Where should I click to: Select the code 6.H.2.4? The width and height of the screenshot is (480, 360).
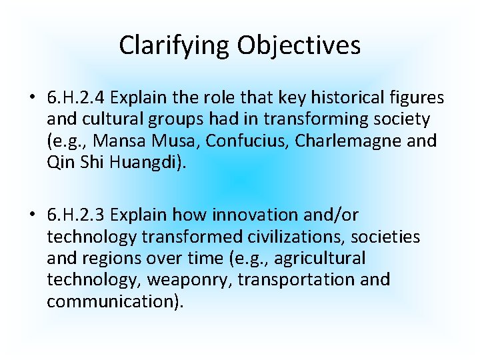point(76,98)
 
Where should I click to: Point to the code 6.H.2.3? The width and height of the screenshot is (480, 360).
point(76,215)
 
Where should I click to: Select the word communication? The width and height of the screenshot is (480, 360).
point(111,301)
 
